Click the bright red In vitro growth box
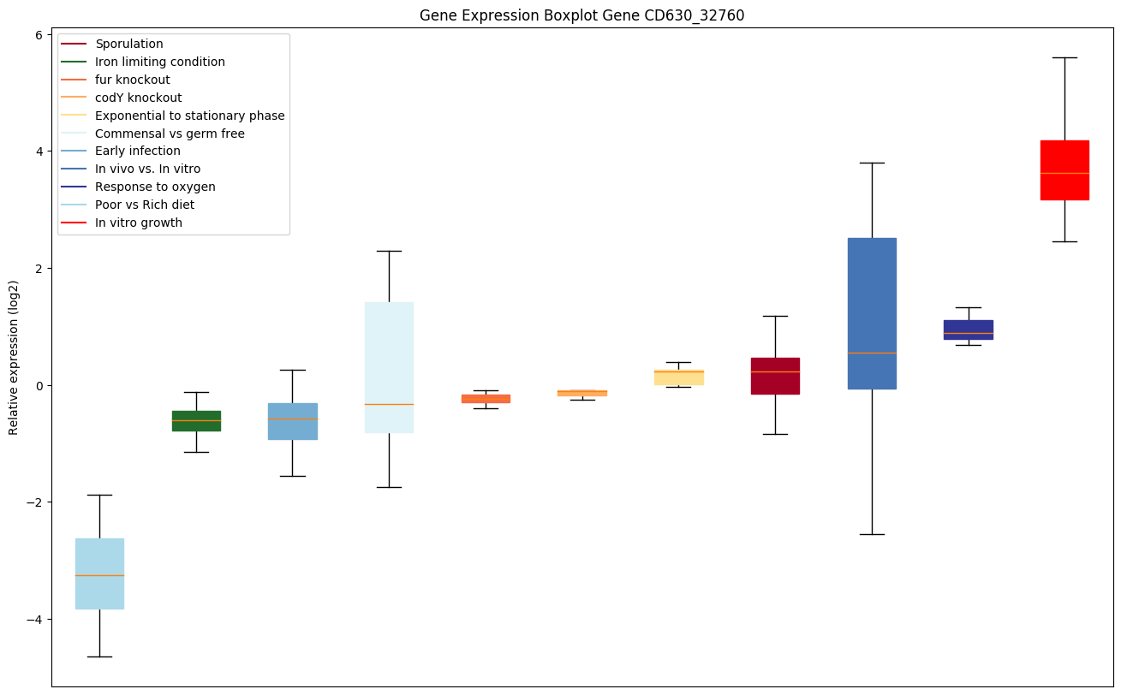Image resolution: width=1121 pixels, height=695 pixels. pyautogui.click(x=1064, y=169)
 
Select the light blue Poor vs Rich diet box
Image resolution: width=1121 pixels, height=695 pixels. pyautogui.click(x=99, y=573)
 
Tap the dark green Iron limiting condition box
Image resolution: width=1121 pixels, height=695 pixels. pyautogui.click(x=196, y=420)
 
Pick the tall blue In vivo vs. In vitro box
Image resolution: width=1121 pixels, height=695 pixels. pyautogui.click(x=872, y=313)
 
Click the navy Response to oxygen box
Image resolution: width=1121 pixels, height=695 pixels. pyautogui.click(x=968, y=330)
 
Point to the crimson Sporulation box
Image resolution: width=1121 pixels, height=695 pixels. pyautogui.click(x=775, y=376)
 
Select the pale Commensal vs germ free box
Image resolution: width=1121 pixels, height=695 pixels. pyautogui.click(x=389, y=367)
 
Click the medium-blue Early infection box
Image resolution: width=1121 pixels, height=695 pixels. pyautogui.click(x=293, y=421)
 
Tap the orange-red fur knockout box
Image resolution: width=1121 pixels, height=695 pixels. pyautogui.click(x=486, y=398)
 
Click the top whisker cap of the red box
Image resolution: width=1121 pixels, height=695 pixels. pyautogui.click(x=1064, y=57)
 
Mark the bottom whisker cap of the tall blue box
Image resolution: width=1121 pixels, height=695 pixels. pyautogui.click(x=872, y=534)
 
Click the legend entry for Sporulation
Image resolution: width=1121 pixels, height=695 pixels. pyautogui.click(x=129, y=44)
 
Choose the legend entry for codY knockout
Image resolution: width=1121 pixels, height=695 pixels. pyautogui.click(x=138, y=98)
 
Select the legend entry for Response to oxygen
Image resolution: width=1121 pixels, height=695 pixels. pyautogui.click(x=155, y=187)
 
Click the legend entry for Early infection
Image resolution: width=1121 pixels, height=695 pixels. pyautogui.click(x=138, y=151)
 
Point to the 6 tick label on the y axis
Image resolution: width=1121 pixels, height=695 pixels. pyautogui.click(x=39, y=34)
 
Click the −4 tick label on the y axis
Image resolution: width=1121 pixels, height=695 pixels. pyautogui.click(x=33, y=619)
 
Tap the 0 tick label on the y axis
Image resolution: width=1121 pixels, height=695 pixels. pyautogui.click(x=39, y=385)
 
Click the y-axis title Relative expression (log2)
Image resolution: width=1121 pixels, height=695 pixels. pyautogui.click(x=14, y=357)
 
